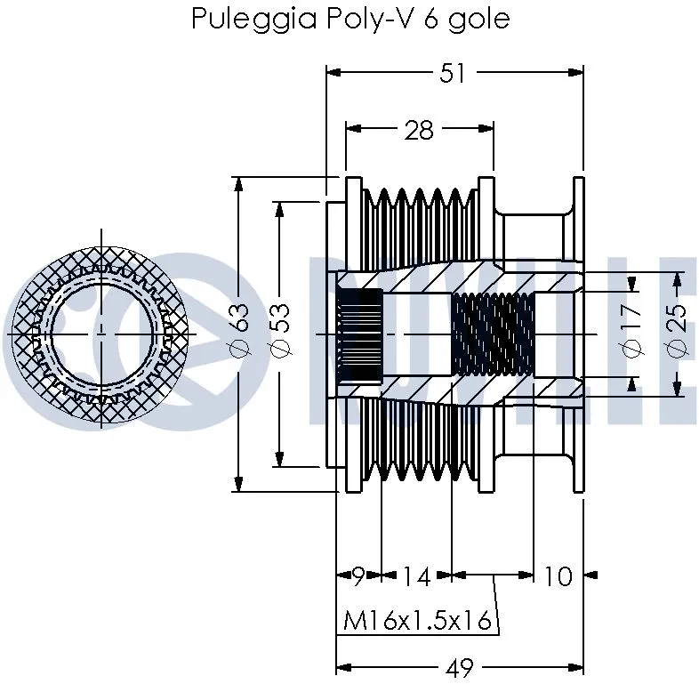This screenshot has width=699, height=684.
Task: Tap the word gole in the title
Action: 480,20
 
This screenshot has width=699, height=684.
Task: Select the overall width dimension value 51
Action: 454,73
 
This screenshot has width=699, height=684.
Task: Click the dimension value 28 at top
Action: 418,131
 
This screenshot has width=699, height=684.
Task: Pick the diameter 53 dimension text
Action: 279,334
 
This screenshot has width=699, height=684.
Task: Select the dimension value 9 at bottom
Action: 358,576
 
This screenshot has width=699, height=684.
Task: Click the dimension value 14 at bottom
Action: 414,576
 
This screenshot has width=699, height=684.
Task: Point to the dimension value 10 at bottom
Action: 557,576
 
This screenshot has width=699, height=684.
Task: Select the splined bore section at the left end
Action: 360,334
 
